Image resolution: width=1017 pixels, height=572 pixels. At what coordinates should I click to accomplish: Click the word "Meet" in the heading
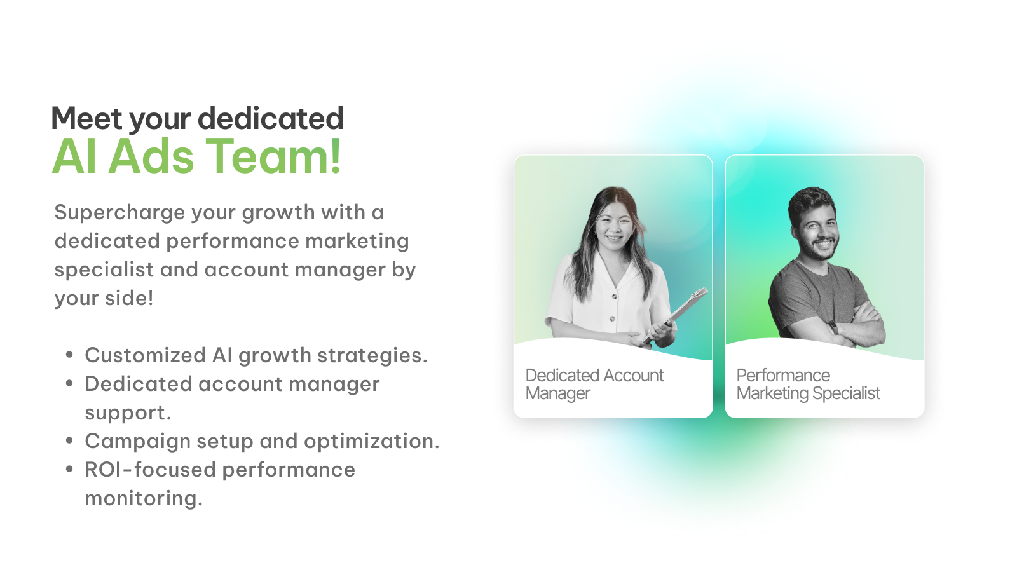coord(86,118)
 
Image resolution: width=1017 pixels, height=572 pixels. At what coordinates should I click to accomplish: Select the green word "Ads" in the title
coord(151,156)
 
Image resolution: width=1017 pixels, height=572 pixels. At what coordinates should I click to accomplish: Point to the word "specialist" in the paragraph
coord(104,270)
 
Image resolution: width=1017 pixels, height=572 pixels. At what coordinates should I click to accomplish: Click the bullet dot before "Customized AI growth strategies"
coord(69,354)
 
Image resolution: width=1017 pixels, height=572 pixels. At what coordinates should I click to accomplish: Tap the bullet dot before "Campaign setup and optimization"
coord(69,440)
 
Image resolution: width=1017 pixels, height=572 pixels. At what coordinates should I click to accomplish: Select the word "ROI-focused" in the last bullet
coord(150,470)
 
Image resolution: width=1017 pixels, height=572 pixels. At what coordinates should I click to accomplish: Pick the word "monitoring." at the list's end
coord(144,498)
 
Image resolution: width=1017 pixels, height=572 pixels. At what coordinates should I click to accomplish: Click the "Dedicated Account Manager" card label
coord(594,384)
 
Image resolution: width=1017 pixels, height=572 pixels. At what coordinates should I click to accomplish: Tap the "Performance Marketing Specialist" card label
coord(808,384)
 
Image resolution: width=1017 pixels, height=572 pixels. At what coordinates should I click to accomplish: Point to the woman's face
coord(613,224)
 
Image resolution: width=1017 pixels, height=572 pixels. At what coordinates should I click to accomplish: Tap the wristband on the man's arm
coord(833,327)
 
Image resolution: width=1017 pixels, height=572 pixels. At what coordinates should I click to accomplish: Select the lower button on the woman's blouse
coord(612,318)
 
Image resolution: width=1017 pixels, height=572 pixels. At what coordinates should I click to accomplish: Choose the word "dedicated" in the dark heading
coord(271,118)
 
